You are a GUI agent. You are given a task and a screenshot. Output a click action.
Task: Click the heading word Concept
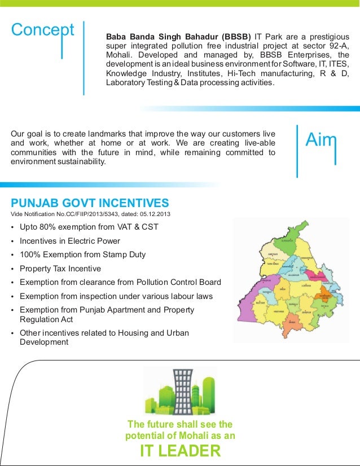click(x=43, y=30)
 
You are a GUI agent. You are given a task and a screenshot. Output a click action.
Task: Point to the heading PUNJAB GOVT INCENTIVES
click(x=90, y=203)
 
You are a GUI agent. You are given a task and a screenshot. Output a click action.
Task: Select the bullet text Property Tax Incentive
click(x=60, y=269)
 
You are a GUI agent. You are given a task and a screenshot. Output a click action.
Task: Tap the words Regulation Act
click(x=46, y=319)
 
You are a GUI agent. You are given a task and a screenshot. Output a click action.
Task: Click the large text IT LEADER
click(x=180, y=452)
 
